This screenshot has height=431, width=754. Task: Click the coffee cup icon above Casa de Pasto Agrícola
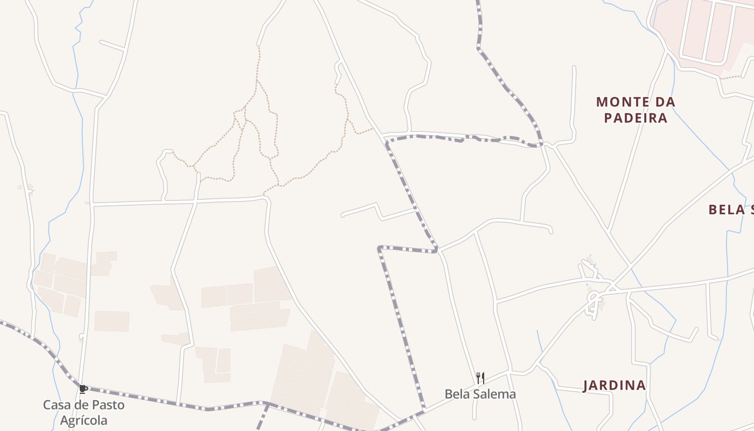(83, 388)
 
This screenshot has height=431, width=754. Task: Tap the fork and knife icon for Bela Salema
(480, 378)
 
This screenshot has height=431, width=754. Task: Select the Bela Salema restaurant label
(480, 394)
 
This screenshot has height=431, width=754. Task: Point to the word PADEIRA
(636, 118)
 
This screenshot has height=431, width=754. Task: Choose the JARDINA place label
(615, 385)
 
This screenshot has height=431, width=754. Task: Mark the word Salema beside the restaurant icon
(494, 394)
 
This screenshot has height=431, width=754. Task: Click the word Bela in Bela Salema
(456, 394)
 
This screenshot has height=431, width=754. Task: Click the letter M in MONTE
(602, 102)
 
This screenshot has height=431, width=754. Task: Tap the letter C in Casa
(47, 405)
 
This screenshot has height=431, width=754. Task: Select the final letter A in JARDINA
(641, 385)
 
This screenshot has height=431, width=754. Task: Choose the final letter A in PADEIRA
(663, 118)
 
